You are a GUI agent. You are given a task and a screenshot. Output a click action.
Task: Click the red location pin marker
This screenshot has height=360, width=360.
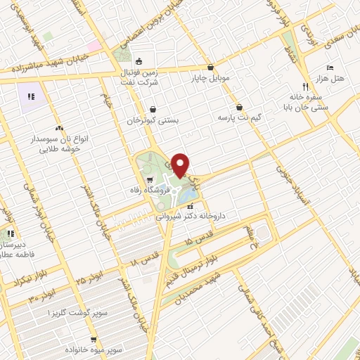pyautogui.click(x=181, y=165)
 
